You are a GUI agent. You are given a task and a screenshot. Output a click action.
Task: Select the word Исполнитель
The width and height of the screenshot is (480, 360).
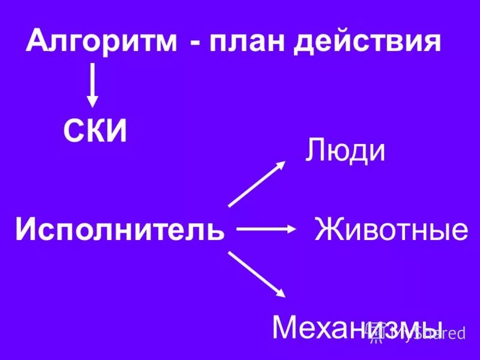click(x=120, y=229)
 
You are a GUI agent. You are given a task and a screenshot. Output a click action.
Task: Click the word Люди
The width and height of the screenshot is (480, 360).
click(x=345, y=151)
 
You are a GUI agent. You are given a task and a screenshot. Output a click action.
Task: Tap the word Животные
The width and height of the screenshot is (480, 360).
click(x=391, y=230)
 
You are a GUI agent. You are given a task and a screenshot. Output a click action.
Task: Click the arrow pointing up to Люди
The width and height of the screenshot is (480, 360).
click(x=257, y=184)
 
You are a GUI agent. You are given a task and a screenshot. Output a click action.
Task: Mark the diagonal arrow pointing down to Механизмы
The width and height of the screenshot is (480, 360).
click(x=256, y=274)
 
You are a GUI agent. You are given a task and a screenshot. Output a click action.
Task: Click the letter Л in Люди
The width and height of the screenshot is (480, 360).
click(x=315, y=151)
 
